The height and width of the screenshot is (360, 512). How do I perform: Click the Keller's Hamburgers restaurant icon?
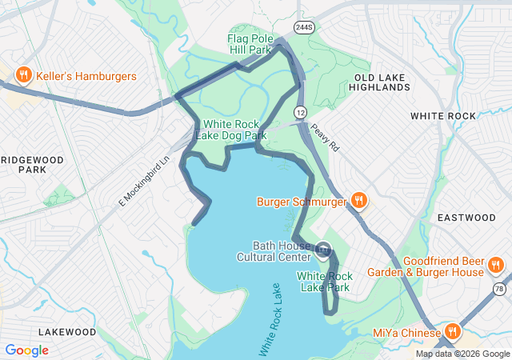[23, 75]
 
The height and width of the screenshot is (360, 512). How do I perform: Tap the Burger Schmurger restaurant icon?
[359, 201]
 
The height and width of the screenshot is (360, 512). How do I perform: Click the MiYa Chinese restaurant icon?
[453, 332]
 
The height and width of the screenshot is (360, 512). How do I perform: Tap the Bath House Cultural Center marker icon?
[322, 250]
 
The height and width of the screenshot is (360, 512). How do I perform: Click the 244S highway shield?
[303, 26]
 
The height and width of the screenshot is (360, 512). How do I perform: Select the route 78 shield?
[499, 288]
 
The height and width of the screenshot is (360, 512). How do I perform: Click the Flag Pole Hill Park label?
[250, 44]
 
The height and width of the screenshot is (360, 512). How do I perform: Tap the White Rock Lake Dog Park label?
[234, 130]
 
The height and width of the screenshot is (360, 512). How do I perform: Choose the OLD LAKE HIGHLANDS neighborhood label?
[381, 82]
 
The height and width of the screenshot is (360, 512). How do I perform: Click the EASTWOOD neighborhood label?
[467, 218]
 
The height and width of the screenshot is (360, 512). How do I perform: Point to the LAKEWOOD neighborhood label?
[67, 331]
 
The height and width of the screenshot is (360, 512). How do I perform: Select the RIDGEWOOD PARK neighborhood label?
[32, 165]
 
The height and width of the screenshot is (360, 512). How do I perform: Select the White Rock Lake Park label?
[324, 282]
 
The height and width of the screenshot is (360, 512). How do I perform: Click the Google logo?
[26, 350]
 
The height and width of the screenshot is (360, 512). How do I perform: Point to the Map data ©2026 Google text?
[462, 354]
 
